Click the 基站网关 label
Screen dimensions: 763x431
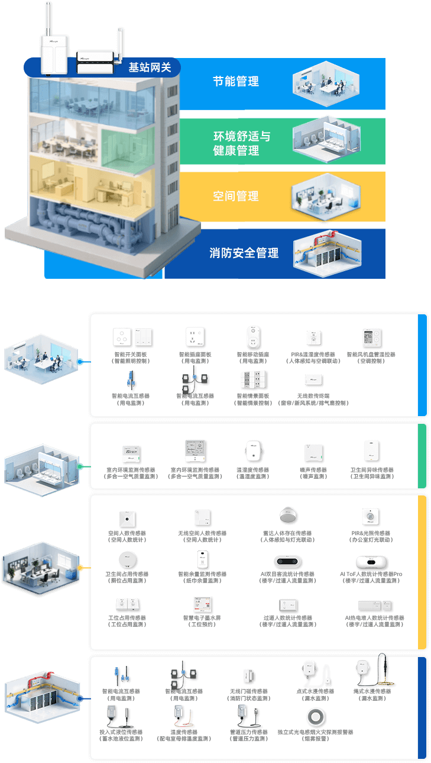(x=150, y=67)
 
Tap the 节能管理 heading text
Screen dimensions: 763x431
(x=236, y=82)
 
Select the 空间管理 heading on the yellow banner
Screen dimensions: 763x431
(x=236, y=196)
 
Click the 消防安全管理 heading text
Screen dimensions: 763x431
(x=244, y=253)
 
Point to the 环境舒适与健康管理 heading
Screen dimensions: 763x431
(x=241, y=144)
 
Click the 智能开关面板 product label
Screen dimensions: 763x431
(x=130, y=355)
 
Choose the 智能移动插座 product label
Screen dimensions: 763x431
(x=253, y=355)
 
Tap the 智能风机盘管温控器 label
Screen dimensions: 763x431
(x=371, y=355)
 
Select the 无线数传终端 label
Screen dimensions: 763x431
(x=313, y=396)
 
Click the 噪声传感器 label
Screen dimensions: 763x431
(x=313, y=470)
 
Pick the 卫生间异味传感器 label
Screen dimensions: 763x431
(x=371, y=470)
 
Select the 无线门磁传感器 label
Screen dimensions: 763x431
(x=248, y=691)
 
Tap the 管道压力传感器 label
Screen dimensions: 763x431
(x=248, y=732)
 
